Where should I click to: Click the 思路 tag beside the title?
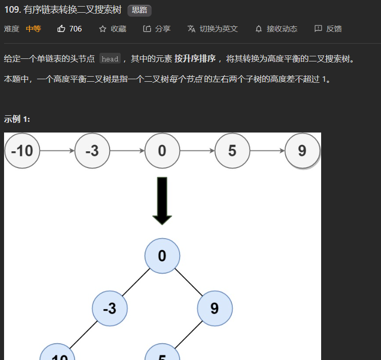(140, 10)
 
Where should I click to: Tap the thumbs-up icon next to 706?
(61, 29)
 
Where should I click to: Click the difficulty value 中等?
(33, 29)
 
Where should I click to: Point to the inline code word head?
(110, 59)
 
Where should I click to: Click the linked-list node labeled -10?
(22, 151)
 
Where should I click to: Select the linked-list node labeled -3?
(92, 151)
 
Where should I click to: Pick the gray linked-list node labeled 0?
(162, 151)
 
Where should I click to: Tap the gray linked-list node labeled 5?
(232, 151)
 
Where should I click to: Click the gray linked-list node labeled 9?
(302, 151)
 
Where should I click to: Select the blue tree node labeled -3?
(110, 308)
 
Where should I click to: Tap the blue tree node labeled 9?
(215, 308)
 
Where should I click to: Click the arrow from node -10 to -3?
(57, 151)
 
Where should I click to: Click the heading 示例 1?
(17, 119)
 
